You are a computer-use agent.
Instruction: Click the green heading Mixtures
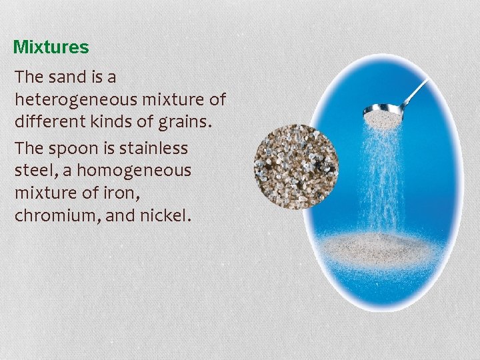tap(51, 47)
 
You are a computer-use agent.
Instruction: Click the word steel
tap(34, 171)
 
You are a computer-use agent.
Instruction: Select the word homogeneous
tap(134, 171)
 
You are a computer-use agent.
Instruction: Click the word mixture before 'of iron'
tap(44, 194)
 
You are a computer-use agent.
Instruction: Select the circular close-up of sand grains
tap(296, 167)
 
